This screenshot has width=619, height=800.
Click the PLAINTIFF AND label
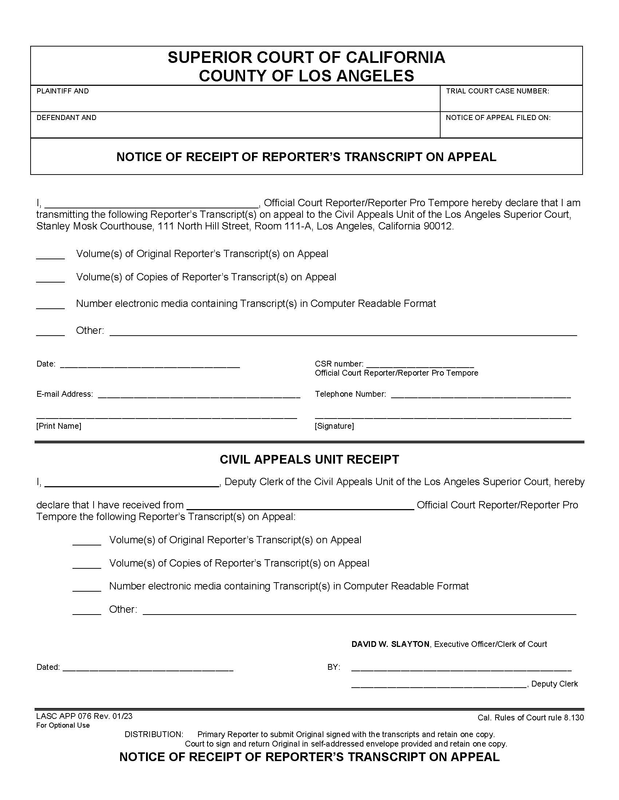(x=62, y=91)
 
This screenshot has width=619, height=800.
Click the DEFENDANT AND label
(x=66, y=117)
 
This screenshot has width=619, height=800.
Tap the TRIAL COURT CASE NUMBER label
(x=497, y=91)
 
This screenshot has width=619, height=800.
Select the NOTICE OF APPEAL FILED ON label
(x=498, y=117)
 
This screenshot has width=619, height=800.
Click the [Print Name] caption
(x=59, y=426)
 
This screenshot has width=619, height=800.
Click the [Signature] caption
(x=334, y=426)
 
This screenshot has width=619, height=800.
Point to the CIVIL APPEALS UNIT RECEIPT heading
(x=309, y=460)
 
